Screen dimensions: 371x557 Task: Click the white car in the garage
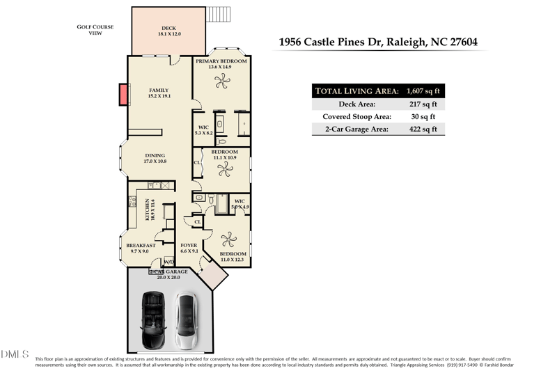tap(185, 320)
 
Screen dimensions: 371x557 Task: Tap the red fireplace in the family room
tap(124, 94)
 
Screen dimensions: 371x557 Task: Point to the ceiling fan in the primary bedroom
tap(221, 82)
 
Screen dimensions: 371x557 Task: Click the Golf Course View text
tap(95, 30)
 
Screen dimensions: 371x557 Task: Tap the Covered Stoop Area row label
tap(356, 117)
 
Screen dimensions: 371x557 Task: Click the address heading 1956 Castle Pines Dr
tap(378, 42)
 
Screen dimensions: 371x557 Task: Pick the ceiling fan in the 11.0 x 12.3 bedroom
tap(228, 240)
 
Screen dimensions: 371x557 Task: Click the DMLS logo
tap(15, 354)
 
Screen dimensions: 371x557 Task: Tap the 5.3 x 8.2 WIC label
tap(204, 130)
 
